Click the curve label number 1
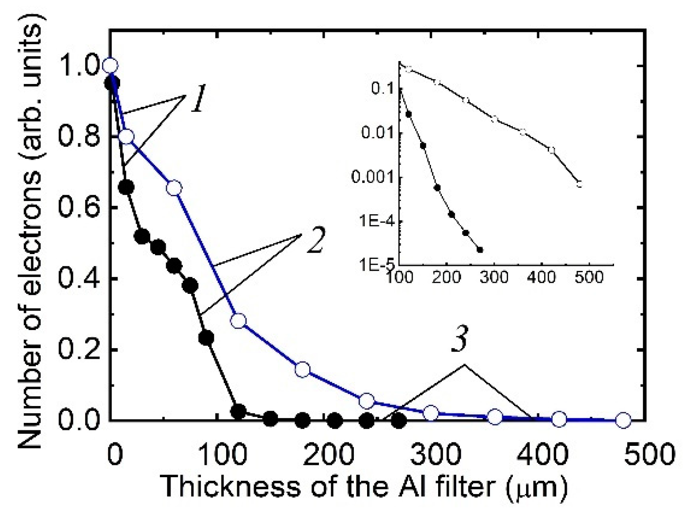click(x=197, y=98)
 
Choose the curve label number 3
click(x=460, y=340)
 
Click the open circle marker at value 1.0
click(x=110, y=65)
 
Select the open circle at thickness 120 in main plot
click(x=238, y=321)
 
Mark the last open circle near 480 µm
click(x=623, y=420)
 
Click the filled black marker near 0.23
click(x=206, y=338)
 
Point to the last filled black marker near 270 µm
click(x=398, y=421)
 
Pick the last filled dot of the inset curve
click(x=480, y=250)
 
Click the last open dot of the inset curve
click(x=579, y=184)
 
